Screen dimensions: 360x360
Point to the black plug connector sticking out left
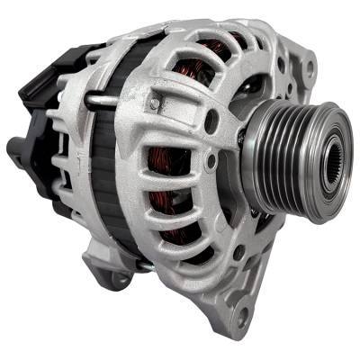(x=20, y=148)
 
